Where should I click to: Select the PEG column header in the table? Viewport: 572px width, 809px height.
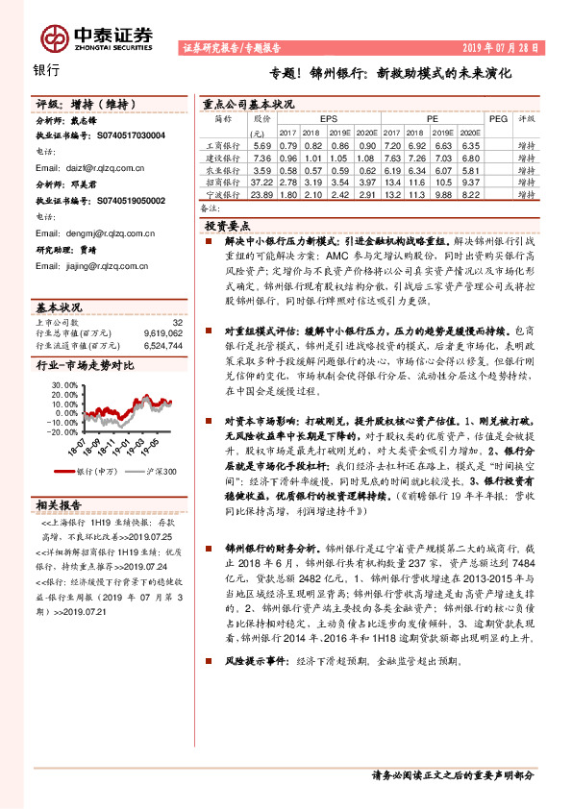click(498, 119)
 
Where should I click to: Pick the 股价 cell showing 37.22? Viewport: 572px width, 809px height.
click(261, 181)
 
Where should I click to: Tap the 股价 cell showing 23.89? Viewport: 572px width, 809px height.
click(261, 193)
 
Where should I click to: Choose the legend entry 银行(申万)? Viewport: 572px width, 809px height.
click(96, 472)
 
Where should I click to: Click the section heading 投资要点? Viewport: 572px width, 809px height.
click(227, 222)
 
